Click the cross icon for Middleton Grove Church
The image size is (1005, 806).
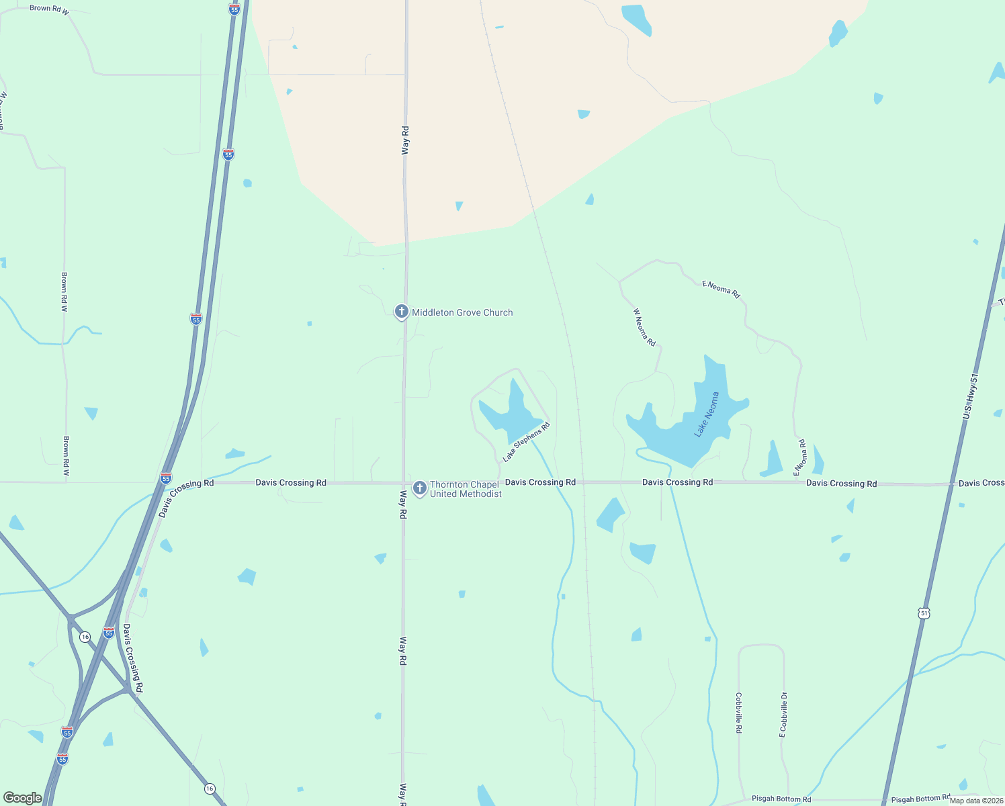coord(401,312)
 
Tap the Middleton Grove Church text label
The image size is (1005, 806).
coord(462,312)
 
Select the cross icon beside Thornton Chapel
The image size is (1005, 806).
coord(419,488)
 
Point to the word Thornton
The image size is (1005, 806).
coord(454,484)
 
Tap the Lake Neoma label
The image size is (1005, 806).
coord(707,414)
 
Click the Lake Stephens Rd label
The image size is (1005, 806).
coord(527,442)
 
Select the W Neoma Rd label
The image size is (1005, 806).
coord(644,327)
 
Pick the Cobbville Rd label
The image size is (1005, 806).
coord(738,713)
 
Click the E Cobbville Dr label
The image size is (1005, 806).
coord(783,715)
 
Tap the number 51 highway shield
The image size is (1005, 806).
coord(924,613)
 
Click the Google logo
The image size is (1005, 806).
coord(23,798)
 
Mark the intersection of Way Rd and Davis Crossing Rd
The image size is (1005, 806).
coord(404,483)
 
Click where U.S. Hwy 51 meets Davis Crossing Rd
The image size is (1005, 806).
coord(952,484)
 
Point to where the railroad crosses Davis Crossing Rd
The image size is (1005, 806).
coord(582,482)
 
